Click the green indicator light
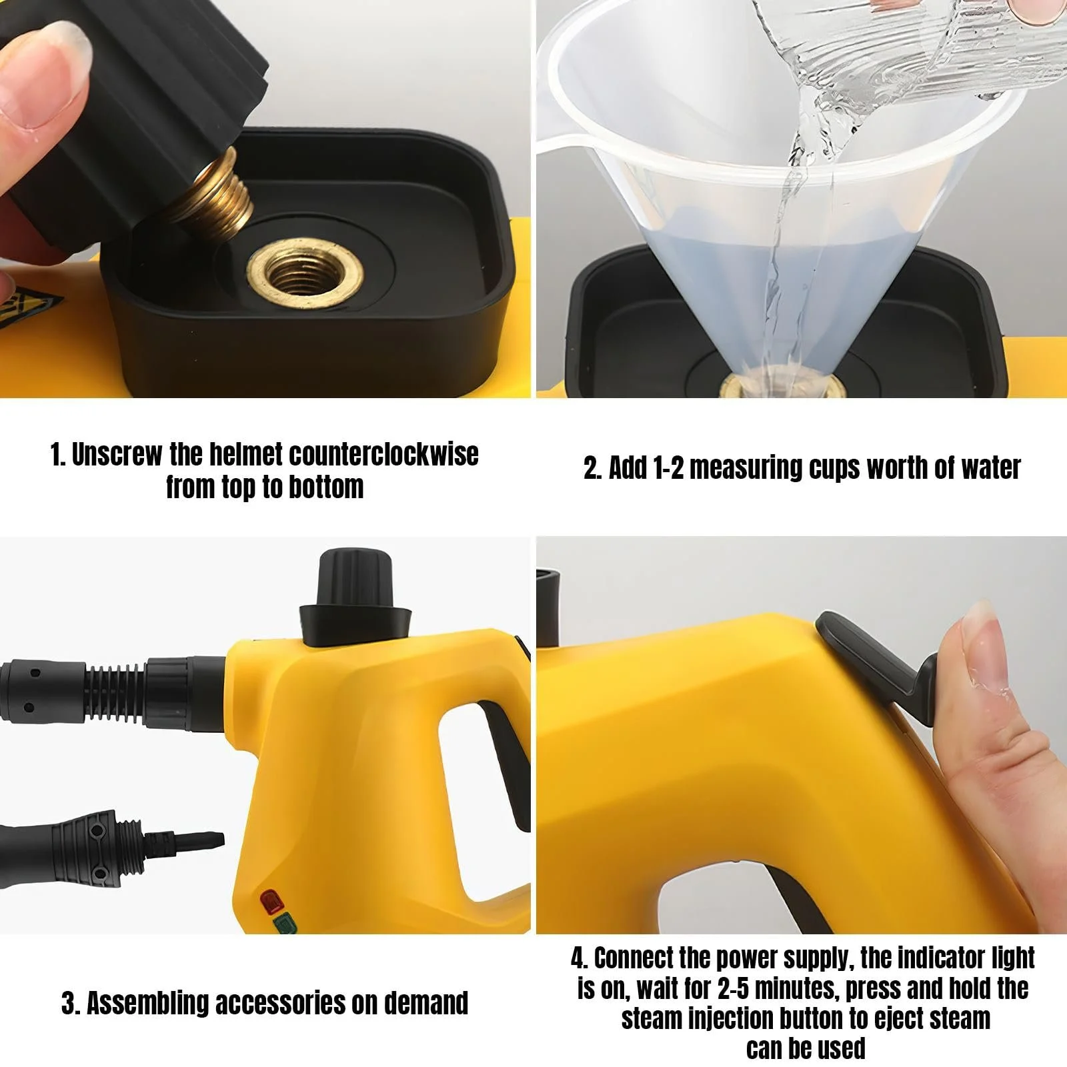click(x=283, y=924)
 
